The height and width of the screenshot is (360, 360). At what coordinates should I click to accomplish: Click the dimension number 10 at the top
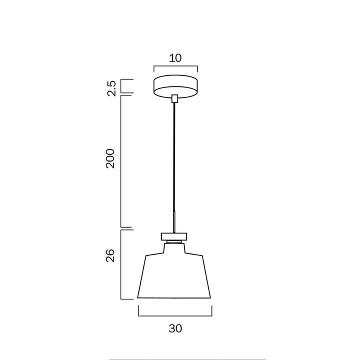tap(175, 58)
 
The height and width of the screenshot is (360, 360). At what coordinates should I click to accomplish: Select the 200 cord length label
tap(110, 158)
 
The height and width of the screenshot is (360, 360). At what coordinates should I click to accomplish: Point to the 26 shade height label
tap(110, 255)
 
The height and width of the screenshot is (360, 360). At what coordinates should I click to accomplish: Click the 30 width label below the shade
tap(175, 328)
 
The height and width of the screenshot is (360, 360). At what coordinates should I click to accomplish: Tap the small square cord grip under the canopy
tap(174, 98)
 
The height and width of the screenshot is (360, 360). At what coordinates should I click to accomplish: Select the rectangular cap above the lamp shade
tap(174, 236)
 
